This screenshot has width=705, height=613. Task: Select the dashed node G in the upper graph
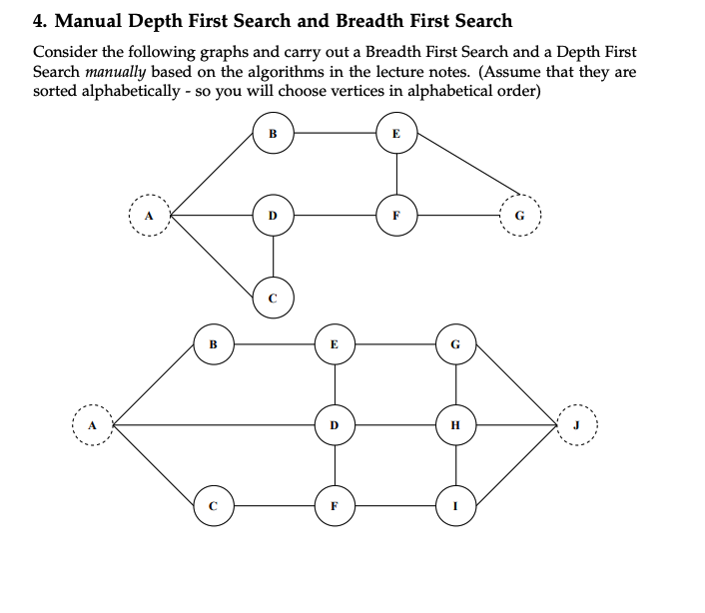click(x=517, y=214)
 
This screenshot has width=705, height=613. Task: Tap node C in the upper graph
click(x=274, y=297)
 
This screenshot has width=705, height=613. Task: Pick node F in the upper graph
click(x=396, y=214)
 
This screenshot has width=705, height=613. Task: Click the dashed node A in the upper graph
click(x=150, y=214)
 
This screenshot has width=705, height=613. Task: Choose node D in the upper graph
click(x=274, y=214)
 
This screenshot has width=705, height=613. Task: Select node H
click(x=456, y=425)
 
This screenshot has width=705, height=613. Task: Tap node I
click(x=456, y=506)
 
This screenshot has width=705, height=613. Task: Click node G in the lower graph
click(x=456, y=344)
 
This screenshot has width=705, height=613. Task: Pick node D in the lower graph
click(x=335, y=425)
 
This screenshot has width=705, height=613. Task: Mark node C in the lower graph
click(x=213, y=506)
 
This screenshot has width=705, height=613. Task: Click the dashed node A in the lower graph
click(x=92, y=425)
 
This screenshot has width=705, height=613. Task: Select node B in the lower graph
click(x=213, y=344)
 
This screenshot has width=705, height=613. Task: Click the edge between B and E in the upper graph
click(x=335, y=133)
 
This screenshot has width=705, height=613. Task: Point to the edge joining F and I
click(x=395, y=506)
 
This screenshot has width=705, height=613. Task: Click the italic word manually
click(x=117, y=72)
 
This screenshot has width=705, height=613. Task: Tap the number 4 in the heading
click(x=40, y=20)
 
